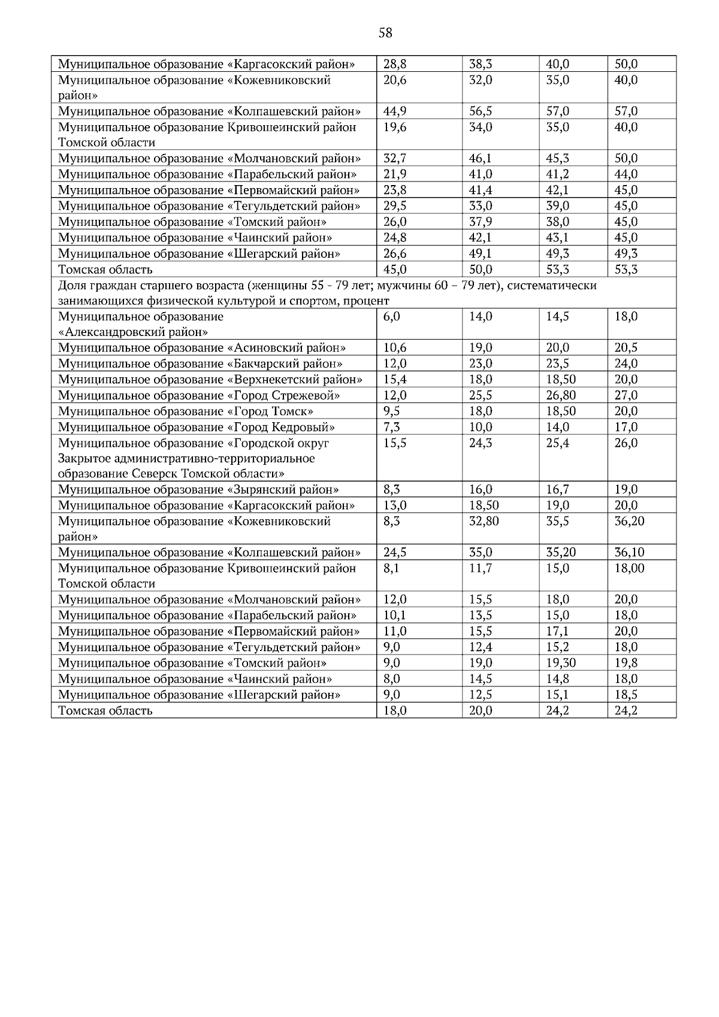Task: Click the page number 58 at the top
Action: [x=385, y=34]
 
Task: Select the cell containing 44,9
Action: [x=395, y=111]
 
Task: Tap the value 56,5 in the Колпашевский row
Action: [x=481, y=111]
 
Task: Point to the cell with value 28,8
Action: [x=395, y=64]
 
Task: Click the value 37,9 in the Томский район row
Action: [x=481, y=222]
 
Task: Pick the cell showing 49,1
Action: [x=481, y=254]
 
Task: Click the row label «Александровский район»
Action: [x=133, y=332]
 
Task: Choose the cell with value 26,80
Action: [x=561, y=396]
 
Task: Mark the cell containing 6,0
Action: [x=392, y=317]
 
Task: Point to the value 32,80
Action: [x=484, y=522]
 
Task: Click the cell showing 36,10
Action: [x=629, y=553]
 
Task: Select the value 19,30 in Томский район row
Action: [x=561, y=663]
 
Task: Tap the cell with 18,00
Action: [x=629, y=568]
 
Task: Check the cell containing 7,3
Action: [x=392, y=428]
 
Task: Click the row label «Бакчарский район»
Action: [x=200, y=364]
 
